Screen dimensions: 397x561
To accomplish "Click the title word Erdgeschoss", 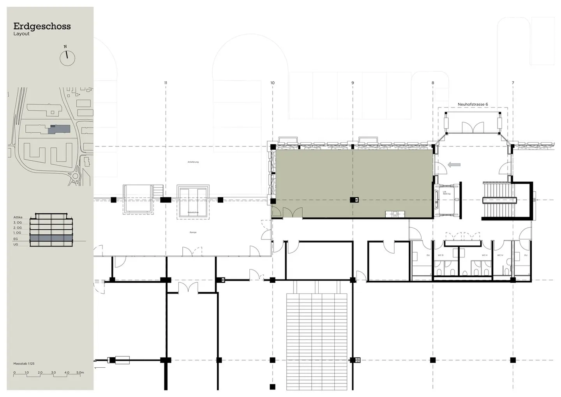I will [x=42, y=26].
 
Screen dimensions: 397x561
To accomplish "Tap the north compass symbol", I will [x=67, y=57].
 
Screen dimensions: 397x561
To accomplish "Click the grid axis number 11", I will [x=166, y=83].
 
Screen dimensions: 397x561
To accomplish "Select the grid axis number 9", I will [x=353, y=83].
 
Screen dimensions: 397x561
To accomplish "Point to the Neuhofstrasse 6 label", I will [x=473, y=105].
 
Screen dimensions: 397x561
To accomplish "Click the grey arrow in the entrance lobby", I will [x=454, y=165].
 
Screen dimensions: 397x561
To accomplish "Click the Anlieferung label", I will [x=193, y=162].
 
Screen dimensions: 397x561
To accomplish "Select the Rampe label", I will [x=193, y=232].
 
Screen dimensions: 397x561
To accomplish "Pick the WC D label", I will [x=441, y=255].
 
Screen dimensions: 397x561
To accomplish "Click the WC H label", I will [x=484, y=255].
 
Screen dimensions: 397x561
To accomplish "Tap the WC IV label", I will [x=500, y=255].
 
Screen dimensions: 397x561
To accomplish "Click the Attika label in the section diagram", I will [x=18, y=217].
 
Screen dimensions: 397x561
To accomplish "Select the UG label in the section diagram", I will [x=16, y=245].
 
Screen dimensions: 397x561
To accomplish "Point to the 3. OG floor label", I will [x=18, y=222].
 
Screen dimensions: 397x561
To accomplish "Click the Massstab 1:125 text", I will [x=24, y=363].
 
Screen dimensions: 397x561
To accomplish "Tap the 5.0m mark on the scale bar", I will [x=80, y=372].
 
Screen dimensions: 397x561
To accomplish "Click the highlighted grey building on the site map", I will [x=59, y=129].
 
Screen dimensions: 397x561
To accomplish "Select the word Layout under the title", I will [x=21, y=34].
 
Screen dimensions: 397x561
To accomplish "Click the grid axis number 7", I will [x=513, y=83].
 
